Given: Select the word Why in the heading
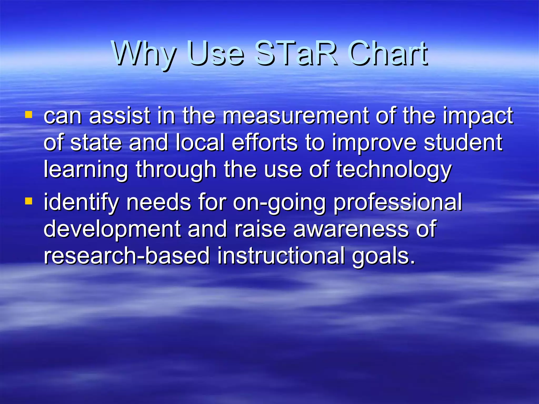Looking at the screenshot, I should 143,54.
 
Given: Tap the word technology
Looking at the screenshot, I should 394,170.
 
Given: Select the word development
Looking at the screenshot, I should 112,230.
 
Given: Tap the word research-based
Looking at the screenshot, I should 127,256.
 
